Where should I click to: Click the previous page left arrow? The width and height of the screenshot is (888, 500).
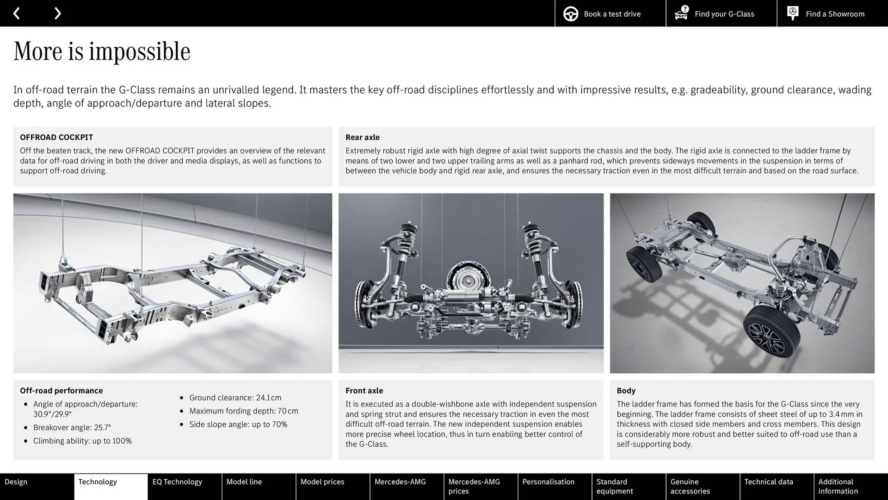(x=17, y=13)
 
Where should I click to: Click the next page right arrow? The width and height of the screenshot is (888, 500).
(x=57, y=13)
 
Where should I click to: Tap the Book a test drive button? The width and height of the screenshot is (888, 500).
(x=610, y=13)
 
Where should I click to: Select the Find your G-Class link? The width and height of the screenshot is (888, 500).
(x=721, y=13)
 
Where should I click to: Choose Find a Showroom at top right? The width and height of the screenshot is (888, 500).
(x=832, y=13)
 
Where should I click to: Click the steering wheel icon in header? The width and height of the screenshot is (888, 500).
(x=571, y=14)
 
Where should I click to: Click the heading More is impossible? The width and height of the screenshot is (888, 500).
(x=102, y=51)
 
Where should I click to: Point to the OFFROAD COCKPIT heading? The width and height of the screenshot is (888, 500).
(x=56, y=137)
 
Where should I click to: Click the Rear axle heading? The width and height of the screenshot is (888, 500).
(x=362, y=137)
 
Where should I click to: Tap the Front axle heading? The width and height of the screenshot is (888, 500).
(x=364, y=390)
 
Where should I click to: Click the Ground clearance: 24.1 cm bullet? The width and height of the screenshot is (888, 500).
(x=235, y=398)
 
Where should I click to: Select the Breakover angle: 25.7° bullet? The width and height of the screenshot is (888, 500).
(x=72, y=427)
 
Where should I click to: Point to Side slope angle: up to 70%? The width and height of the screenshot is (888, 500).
(x=238, y=424)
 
